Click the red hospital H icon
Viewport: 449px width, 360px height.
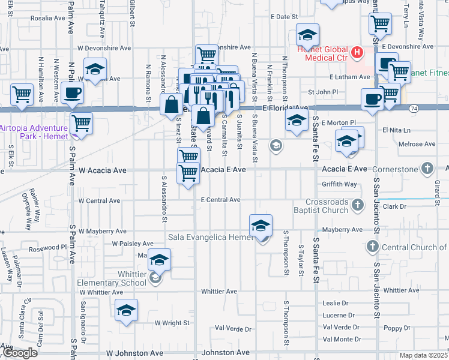click(357, 52)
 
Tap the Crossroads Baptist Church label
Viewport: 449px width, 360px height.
click(327, 206)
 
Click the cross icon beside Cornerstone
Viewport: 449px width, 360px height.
click(427, 168)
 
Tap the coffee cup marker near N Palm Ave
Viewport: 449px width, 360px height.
click(72, 94)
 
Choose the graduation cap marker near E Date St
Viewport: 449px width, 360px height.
click(307, 35)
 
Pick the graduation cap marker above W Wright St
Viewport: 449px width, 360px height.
click(126, 311)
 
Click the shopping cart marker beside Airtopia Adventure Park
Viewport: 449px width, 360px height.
click(81, 124)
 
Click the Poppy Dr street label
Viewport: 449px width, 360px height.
click(396, 328)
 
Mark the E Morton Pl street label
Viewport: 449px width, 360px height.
click(339, 123)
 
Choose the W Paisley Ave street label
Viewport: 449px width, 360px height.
click(133, 244)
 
